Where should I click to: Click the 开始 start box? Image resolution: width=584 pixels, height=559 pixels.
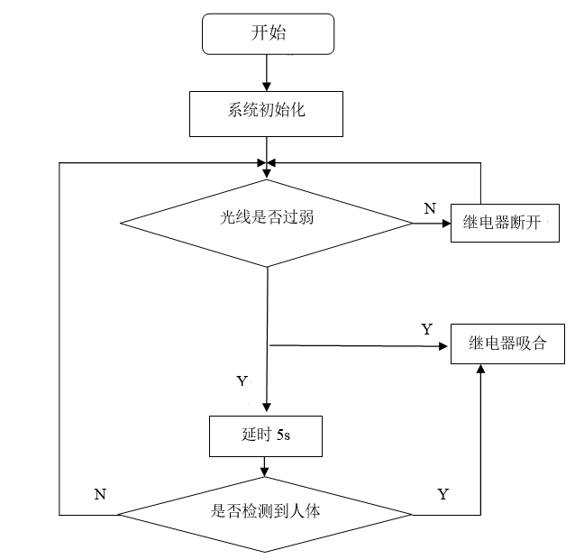[269, 34]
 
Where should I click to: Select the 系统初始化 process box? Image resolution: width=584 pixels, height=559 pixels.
[267, 113]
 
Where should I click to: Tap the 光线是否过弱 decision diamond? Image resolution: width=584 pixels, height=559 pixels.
[267, 217]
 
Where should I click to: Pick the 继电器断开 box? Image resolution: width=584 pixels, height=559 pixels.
[506, 221]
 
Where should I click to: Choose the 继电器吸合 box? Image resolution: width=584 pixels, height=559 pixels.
[507, 344]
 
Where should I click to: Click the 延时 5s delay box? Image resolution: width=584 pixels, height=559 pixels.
[265, 435]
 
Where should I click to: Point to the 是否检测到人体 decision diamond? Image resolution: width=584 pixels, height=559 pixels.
[266, 513]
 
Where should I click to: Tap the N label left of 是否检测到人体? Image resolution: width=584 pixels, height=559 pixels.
[99, 494]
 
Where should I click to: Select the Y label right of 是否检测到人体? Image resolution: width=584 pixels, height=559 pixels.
[443, 494]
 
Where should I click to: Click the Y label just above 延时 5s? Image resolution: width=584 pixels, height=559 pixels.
[242, 381]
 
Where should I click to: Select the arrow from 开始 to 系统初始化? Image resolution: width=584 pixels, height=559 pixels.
[267, 71]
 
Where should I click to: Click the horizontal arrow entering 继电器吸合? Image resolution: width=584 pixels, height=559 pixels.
[360, 344]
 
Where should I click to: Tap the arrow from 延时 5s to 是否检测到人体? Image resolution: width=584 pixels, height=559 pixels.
[265, 466]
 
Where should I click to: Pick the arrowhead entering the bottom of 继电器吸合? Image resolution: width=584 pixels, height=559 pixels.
[480, 370]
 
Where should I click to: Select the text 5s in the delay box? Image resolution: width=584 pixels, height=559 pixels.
[282, 435]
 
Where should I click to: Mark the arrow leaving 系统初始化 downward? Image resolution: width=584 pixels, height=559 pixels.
[267, 149]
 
